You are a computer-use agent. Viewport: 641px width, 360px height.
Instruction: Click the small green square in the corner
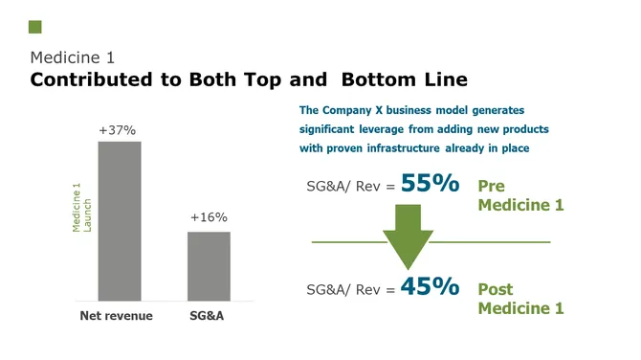click(x=35, y=27)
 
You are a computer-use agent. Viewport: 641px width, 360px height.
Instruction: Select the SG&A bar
click(x=209, y=265)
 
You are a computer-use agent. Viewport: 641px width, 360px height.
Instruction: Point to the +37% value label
click(x=118, y=129)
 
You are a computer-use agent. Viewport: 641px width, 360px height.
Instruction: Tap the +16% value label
click(x=208, y=218)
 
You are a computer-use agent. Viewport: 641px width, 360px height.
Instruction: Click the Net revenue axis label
click(x=116, y=316)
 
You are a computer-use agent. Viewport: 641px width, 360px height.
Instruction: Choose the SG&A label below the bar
click(x=208, y=316)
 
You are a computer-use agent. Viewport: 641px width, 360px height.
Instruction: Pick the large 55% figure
click(x=430, y=184)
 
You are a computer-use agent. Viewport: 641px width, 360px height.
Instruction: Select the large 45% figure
click(x=430, y=286)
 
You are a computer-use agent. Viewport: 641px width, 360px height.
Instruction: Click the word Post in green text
click(x=495, y=289)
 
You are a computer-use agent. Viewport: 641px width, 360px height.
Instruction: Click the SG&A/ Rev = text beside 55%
click(x=348, y=187)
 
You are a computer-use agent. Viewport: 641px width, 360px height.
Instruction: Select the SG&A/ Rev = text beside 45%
click(x=348, y=289)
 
